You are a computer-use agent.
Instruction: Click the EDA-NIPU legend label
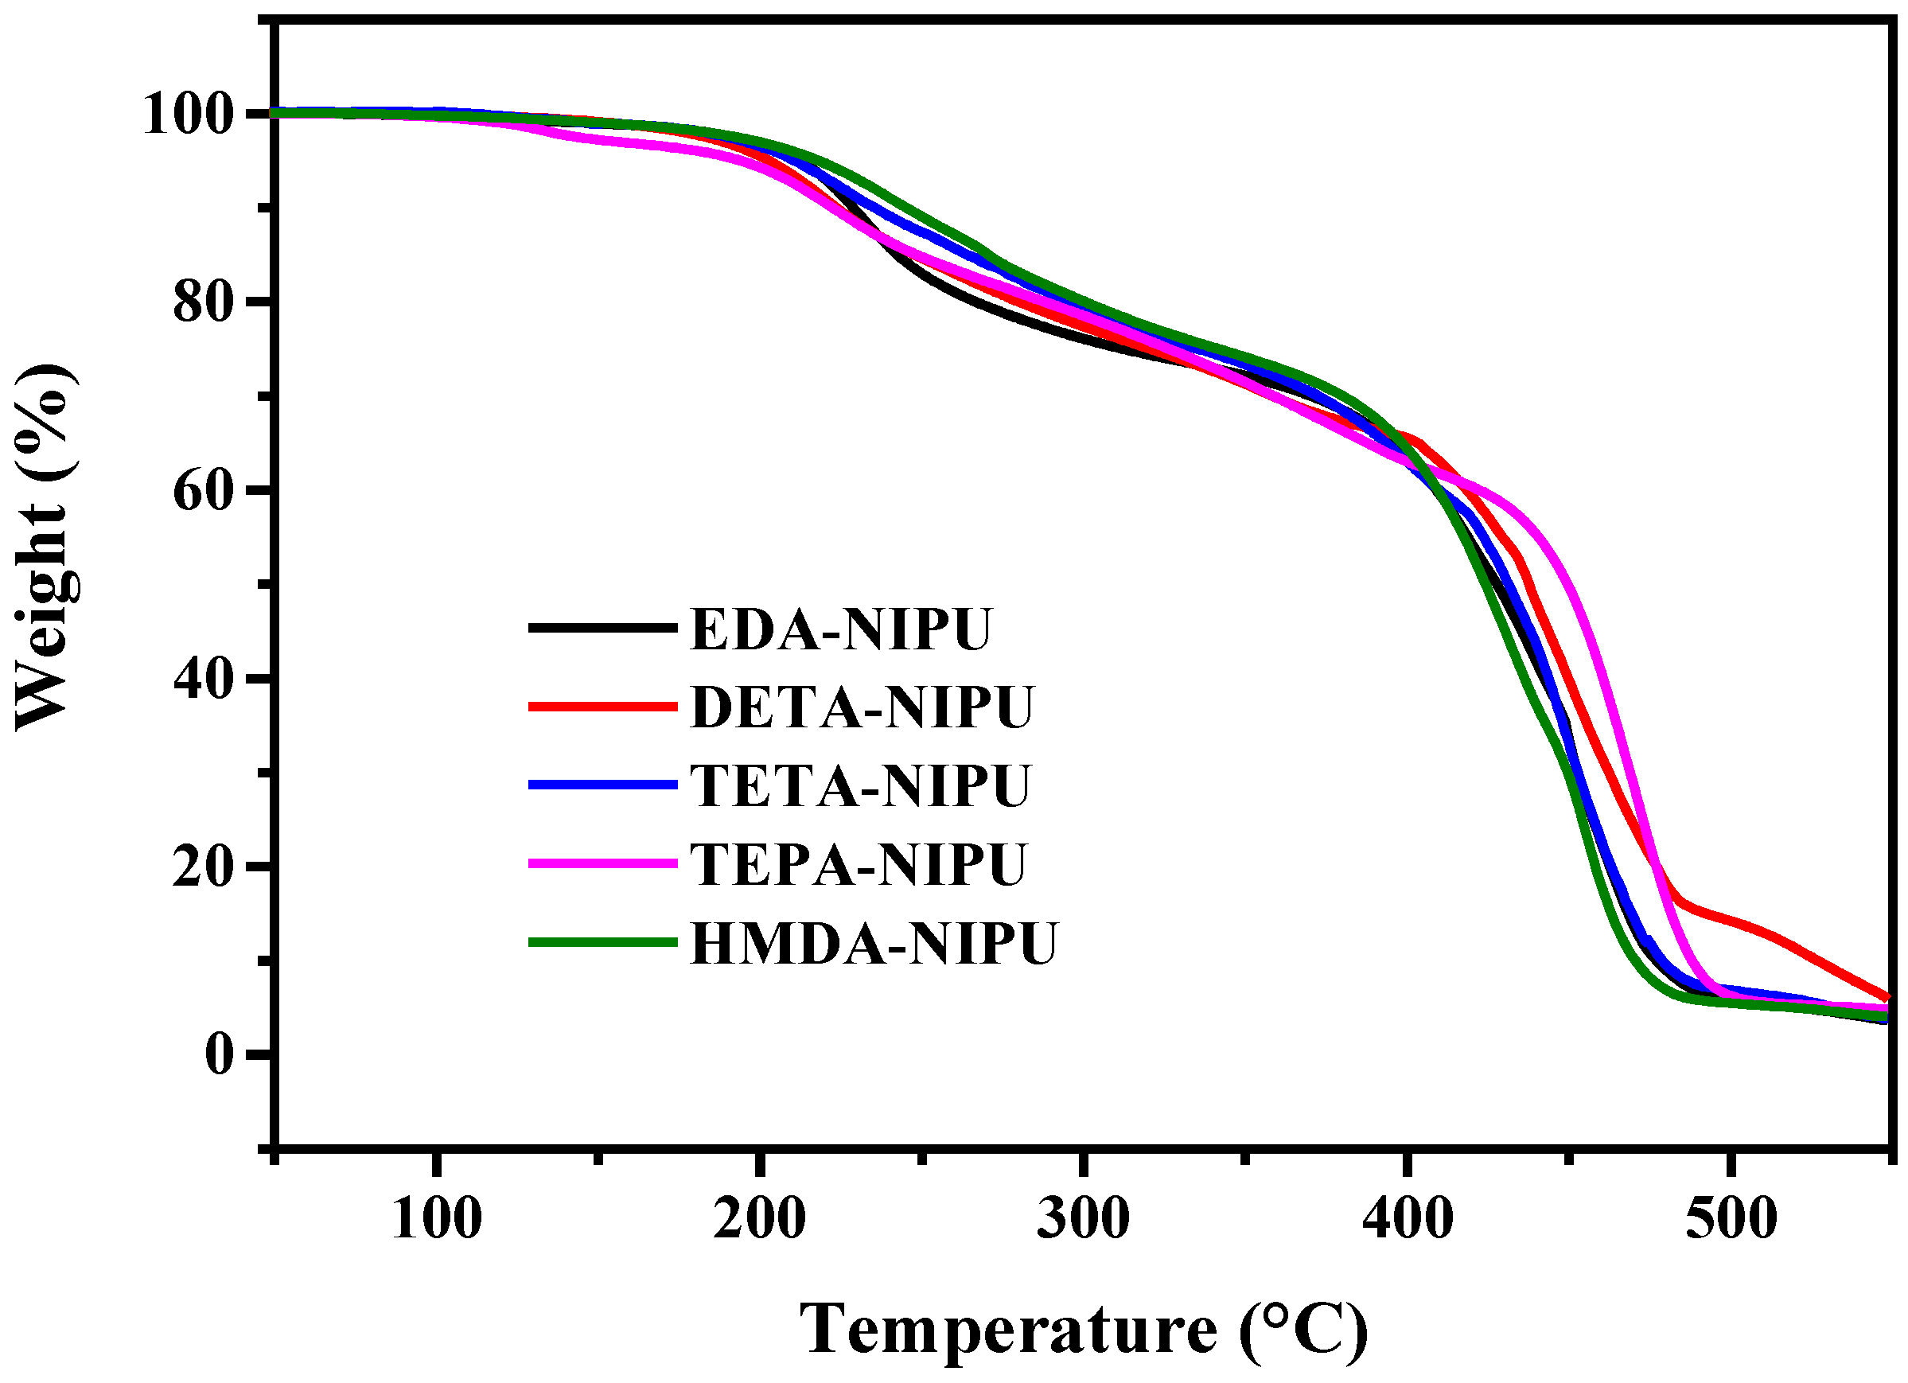[840, 629]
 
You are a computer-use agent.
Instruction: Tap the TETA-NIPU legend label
[860, 785]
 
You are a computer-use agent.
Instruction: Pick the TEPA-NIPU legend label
[858, 864]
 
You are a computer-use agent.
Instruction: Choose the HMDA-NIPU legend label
[873, 943]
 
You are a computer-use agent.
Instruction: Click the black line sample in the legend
[602, 628]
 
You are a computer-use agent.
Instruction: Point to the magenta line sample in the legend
[602, 863]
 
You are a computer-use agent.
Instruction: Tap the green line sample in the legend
[602, 942]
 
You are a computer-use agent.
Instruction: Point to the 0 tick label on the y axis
[219, 1054]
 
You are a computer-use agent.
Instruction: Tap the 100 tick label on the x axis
[437, 1219]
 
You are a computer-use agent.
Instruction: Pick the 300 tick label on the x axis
[1083, 1219]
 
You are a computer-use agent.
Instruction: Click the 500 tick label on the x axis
[1731, 1219]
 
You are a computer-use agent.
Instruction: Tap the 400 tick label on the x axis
[1407, 1219]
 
